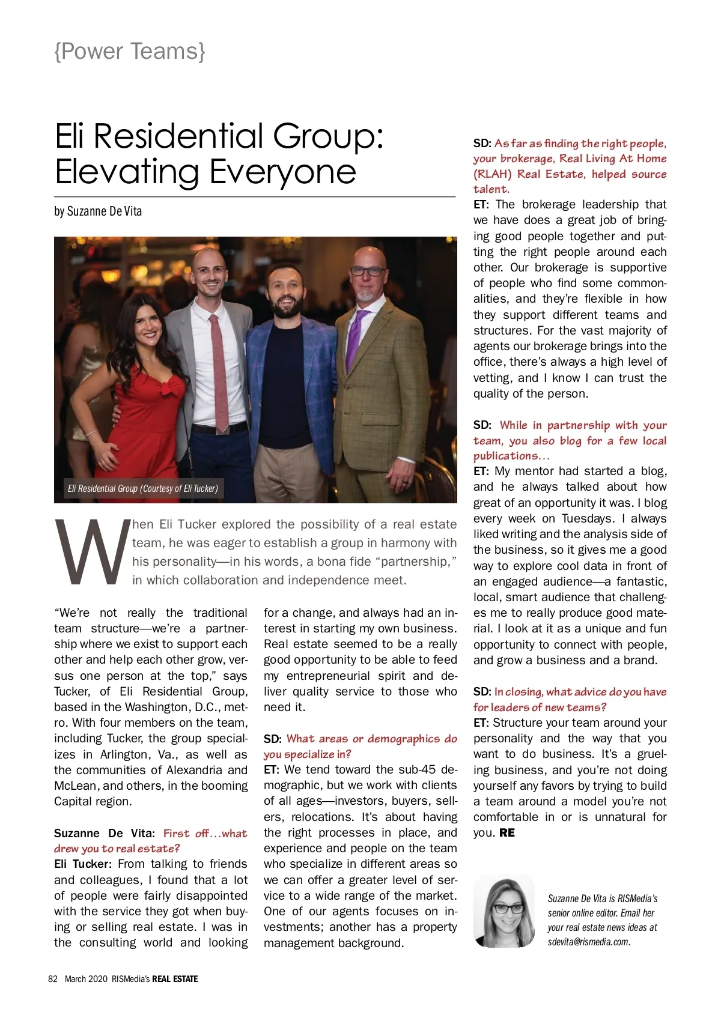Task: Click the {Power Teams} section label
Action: [x=130, y=52]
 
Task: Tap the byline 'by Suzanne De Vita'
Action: [x=98, y=211]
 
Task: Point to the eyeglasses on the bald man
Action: [x=367, y=271]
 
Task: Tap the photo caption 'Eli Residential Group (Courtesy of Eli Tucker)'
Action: [x=143, y=488]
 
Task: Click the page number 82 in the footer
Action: [x=53, y=979]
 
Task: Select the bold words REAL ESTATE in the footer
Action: [x=175, y=979]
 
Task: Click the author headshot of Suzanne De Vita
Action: [x=504, y=911]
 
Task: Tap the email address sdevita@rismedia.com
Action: [x=589, y=942]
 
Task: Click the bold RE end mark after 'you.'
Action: [x=507, y=833]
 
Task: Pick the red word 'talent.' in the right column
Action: [x=491, y=189]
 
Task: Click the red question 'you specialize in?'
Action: [x=307, y=754]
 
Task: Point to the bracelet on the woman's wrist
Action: [x=91, y=433]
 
